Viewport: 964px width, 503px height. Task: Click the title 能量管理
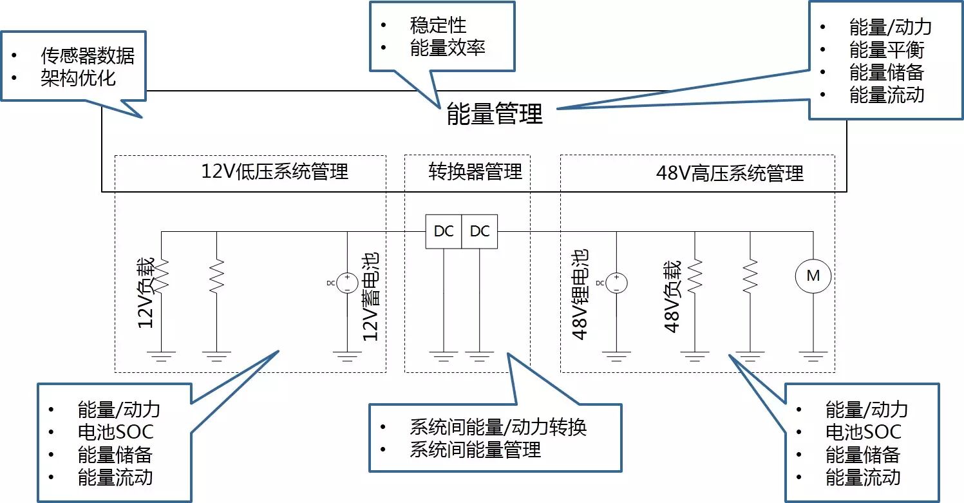tap(495, 113)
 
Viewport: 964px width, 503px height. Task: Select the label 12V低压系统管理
tap(275, 172)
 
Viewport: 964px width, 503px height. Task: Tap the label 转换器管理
tap(475, 171)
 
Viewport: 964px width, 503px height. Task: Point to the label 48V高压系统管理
tap(730, 173)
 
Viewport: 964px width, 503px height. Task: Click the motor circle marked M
tap(813, 276)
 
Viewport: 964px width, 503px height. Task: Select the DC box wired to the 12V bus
tap(444, 231)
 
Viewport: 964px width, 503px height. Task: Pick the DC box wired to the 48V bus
tap(480, 231)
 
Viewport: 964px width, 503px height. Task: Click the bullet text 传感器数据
tap(88, 55)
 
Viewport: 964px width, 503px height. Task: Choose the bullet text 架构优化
tap(78, 78)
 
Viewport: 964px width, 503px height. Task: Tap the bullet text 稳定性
tap(438, 25)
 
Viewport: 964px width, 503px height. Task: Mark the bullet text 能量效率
tap(448, 48)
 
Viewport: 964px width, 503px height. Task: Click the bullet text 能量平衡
tap(887, 50)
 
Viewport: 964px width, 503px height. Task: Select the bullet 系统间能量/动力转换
tap(498, 427)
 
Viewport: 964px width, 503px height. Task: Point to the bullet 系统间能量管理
tap(475, 450)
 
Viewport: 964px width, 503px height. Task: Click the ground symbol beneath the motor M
tap(813, 355)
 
